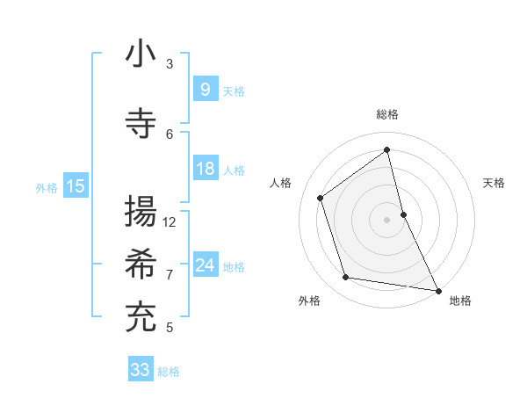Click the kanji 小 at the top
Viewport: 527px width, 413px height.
[141, 54]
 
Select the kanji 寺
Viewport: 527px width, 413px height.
[141, 121]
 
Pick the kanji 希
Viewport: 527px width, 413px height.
[141, 263]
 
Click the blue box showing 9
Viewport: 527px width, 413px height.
[204, 89]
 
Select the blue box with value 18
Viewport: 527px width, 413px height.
[205, 169]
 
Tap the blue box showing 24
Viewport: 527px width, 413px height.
[205, 265]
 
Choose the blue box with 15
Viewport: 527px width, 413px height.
[75, 186]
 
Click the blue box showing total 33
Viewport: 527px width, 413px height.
[140, 369]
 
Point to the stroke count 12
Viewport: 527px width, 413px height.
[170, 221]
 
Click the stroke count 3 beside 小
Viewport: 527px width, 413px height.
[170, 63]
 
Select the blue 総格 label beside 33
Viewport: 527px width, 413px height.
[169, 371]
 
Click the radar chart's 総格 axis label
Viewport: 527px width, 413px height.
[387, 114]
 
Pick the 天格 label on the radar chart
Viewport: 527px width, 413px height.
[494, 183]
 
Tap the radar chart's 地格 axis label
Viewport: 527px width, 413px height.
[460, 301]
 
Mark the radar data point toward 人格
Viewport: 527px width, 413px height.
[321, 198]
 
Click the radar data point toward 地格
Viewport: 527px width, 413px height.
[437, 290]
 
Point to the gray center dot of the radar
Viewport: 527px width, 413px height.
[387, 219]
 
